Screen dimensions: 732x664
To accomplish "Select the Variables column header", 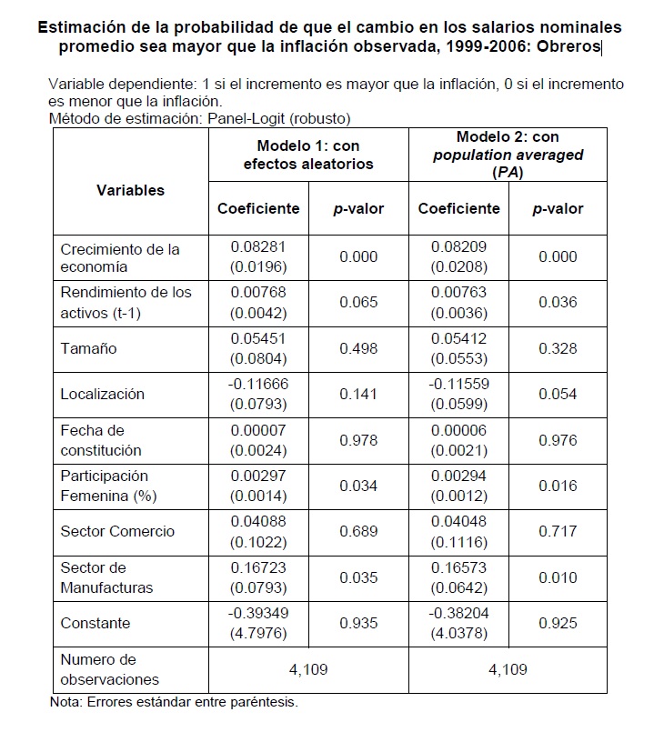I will (130, 190).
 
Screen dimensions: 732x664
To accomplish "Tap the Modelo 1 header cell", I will (308, 155).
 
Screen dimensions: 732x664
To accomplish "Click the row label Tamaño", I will (88, 348).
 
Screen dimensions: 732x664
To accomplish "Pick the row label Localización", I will (102, 394).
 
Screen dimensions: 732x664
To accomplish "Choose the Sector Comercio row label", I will (117, 531).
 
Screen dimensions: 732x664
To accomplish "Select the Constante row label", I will (96, 623).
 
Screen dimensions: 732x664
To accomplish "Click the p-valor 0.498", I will (357, 348).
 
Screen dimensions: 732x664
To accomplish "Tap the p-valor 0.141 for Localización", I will (357, 394).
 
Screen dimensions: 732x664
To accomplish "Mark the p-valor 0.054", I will (558, 394).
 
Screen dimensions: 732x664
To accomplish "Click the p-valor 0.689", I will (357, 531).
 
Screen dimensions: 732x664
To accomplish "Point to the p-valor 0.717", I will (558, 531).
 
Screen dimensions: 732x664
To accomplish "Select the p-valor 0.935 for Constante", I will (357, 623).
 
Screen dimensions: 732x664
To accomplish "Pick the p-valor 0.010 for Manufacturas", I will (558, 577).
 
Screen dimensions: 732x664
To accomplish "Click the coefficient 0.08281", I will (258, 248).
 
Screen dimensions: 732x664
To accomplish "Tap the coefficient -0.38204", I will (458, 614).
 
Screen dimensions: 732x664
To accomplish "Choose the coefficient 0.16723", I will (258, 568).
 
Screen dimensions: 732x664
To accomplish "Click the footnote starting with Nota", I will (174, 702).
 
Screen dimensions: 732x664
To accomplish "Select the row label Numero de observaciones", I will (109, 669).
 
